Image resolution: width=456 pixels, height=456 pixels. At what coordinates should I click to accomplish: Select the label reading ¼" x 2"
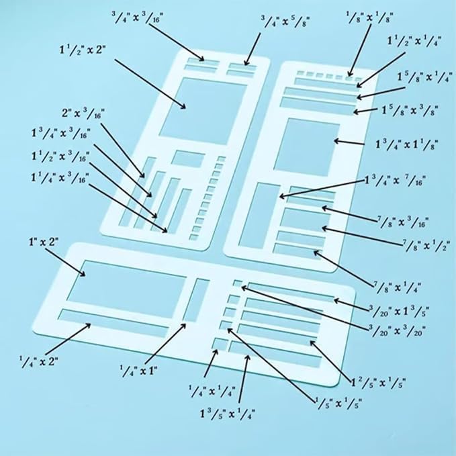tap(39, 361)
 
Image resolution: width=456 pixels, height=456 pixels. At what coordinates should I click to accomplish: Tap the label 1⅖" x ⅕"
tap(379, 383)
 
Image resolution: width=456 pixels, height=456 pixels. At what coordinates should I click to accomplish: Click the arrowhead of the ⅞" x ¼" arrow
tap(315, 252)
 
